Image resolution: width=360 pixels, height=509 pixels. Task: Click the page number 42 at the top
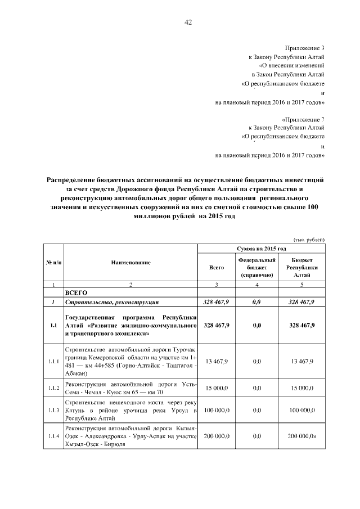pos(188,22)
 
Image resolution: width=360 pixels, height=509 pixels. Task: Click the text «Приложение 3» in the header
pos(305,48)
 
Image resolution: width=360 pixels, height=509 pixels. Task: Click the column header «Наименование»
pos(130,263)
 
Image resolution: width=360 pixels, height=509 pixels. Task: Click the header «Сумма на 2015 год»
pos(262,248)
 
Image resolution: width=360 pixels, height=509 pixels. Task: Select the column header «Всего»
pos(217,268)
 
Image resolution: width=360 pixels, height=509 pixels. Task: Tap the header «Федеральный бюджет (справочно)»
pos(256,268)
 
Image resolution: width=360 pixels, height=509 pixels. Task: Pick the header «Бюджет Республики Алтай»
pos(303,268)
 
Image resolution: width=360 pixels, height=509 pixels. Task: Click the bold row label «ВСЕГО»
pos(75,293)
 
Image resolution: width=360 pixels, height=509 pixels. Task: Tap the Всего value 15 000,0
pos(217,388)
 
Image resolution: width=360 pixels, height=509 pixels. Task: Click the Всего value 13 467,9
pos(217,362)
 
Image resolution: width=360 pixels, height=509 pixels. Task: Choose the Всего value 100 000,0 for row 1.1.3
pos(217,412)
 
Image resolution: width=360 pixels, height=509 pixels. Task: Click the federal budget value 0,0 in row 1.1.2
pos(256,388)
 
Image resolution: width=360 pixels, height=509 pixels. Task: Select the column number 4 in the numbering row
pos(256,285)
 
